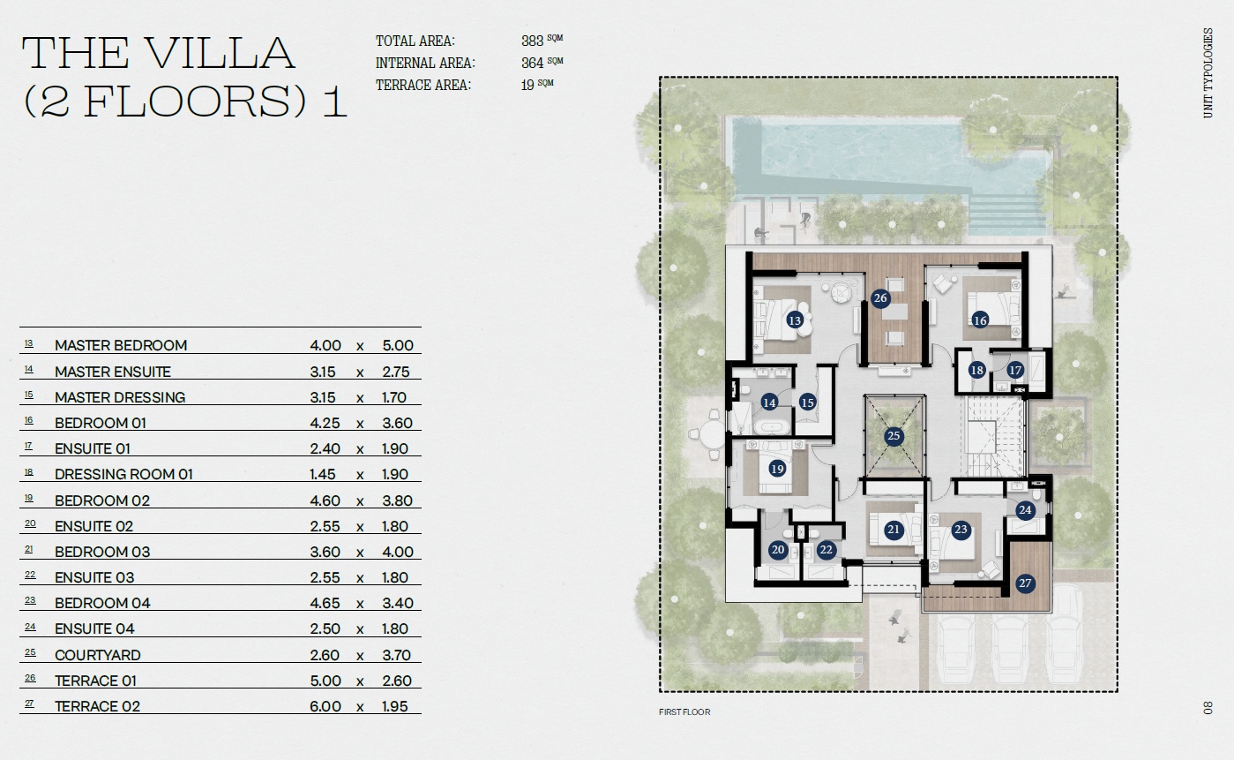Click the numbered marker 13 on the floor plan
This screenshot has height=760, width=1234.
(x=795, y=320)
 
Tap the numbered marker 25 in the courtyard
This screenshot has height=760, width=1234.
(x=894, y=436)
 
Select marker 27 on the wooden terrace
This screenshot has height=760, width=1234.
(x=1025, y=583)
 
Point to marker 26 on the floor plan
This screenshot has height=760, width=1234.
(x=880, y=298)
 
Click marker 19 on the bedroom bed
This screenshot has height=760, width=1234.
(x=777, y=469)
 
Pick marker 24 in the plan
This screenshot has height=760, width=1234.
(x=1025, y=510)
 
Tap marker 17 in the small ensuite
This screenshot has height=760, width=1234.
(x=1014, y=370)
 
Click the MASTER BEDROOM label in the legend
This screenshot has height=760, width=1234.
(x=121, y=345)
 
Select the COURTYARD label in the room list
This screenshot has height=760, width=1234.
(x=98, y=655)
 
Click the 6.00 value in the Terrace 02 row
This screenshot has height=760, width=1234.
(x=325, y=706)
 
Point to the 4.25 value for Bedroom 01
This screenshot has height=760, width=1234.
(x=325, y=424)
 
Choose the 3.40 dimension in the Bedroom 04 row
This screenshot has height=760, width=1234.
(x=397, y=604)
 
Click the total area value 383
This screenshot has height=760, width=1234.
(x=532, y=41)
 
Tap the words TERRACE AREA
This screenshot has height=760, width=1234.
(x=423, y=86)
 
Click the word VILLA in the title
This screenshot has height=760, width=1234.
(x=221, y=53)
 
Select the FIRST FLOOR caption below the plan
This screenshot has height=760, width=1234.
(x=684, y=712)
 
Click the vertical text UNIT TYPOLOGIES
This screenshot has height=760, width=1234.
(x=1208, y=72)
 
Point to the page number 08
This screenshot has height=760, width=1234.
(x=1208, y=708)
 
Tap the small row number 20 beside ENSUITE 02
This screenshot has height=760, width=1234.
(x=30, y=523)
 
